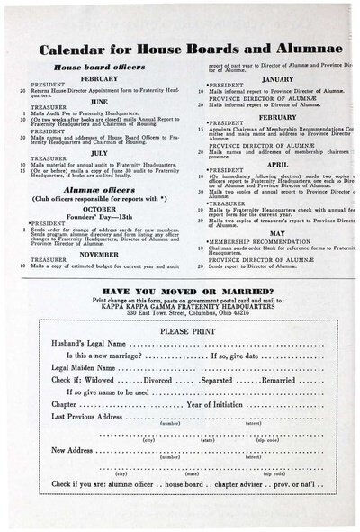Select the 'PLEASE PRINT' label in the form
click(179, 331)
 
